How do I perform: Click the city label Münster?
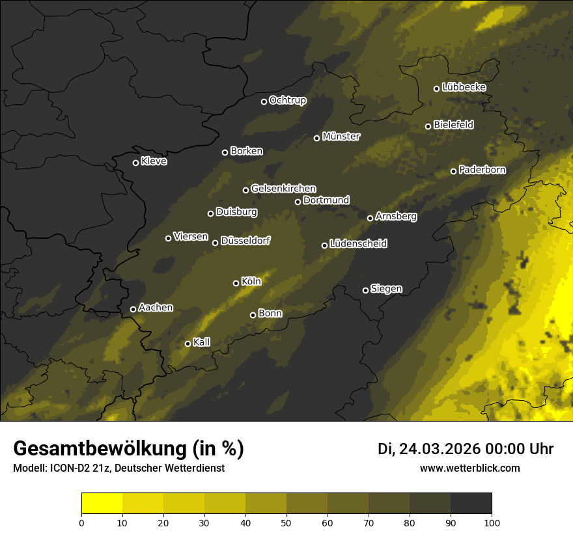(x=341, y=137)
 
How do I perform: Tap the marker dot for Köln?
(x=236, y=283)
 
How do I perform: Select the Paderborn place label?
(x=482, y=170)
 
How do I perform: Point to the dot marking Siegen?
(x=365, y=290)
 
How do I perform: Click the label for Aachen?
(x=156, y=308)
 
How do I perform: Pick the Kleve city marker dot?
(x=135, y=163)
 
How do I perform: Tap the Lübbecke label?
(x=464, y=87)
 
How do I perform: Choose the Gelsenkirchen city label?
(x=283, y=189)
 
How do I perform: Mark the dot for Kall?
(x=188, y=344)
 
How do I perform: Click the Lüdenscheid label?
(x=359, y=244)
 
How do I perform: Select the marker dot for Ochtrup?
(x=264, y=101)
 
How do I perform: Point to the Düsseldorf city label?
(x=245, y=241)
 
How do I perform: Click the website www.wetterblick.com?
(x=470, y=468)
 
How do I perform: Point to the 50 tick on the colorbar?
(x=286, y=522)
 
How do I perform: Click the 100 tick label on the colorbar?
(x=492, y=522)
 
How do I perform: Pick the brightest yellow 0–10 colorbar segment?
(x=102, y=504)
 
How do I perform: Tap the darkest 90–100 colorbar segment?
(x=471, y=504)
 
